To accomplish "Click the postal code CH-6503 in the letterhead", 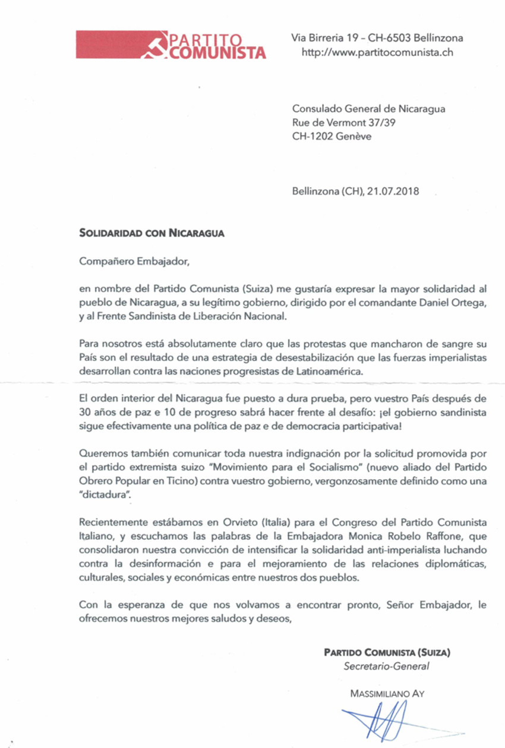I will click(x=389, y=38).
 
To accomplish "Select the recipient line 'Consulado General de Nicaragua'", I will click(x=368, y=109).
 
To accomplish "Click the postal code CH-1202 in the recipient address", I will click(x=313, y=136).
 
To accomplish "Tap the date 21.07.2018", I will click(x=393, y=191).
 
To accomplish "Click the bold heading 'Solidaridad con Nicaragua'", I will click(x=151, y=233).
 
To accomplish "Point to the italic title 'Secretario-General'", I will click(x=386, y=667).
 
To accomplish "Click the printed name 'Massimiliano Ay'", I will click(x=387, y=693).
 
